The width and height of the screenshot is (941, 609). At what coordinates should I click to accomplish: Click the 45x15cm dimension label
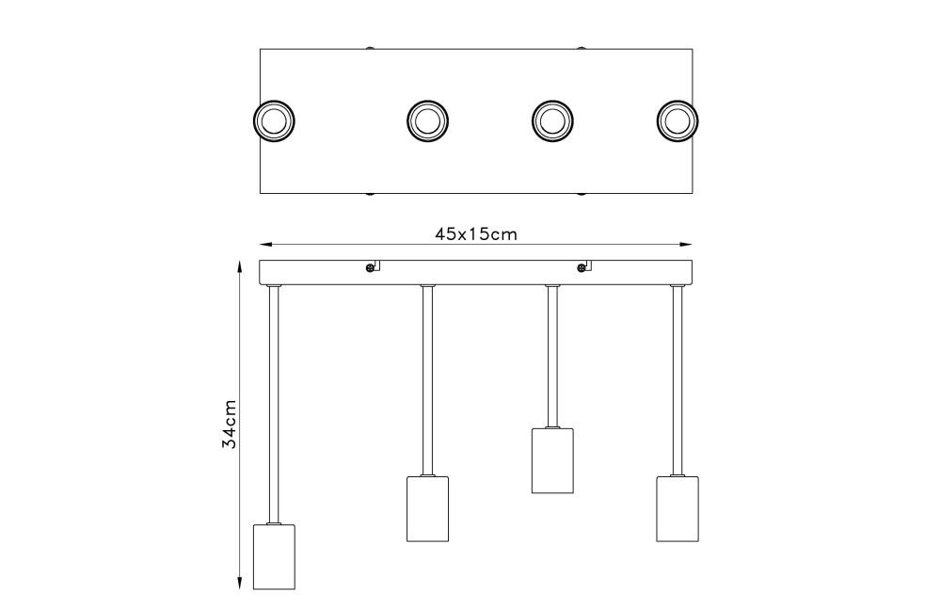click(476, 233)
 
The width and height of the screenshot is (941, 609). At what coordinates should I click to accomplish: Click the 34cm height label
click(230, 424)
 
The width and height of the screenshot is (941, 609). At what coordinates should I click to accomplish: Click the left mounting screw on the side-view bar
click(370, 268)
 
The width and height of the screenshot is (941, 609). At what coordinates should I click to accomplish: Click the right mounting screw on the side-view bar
click(581, 268)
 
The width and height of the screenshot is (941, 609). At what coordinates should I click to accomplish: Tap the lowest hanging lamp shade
click(274, 556)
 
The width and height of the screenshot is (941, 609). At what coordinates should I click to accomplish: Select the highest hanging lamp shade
click(552, 460)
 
